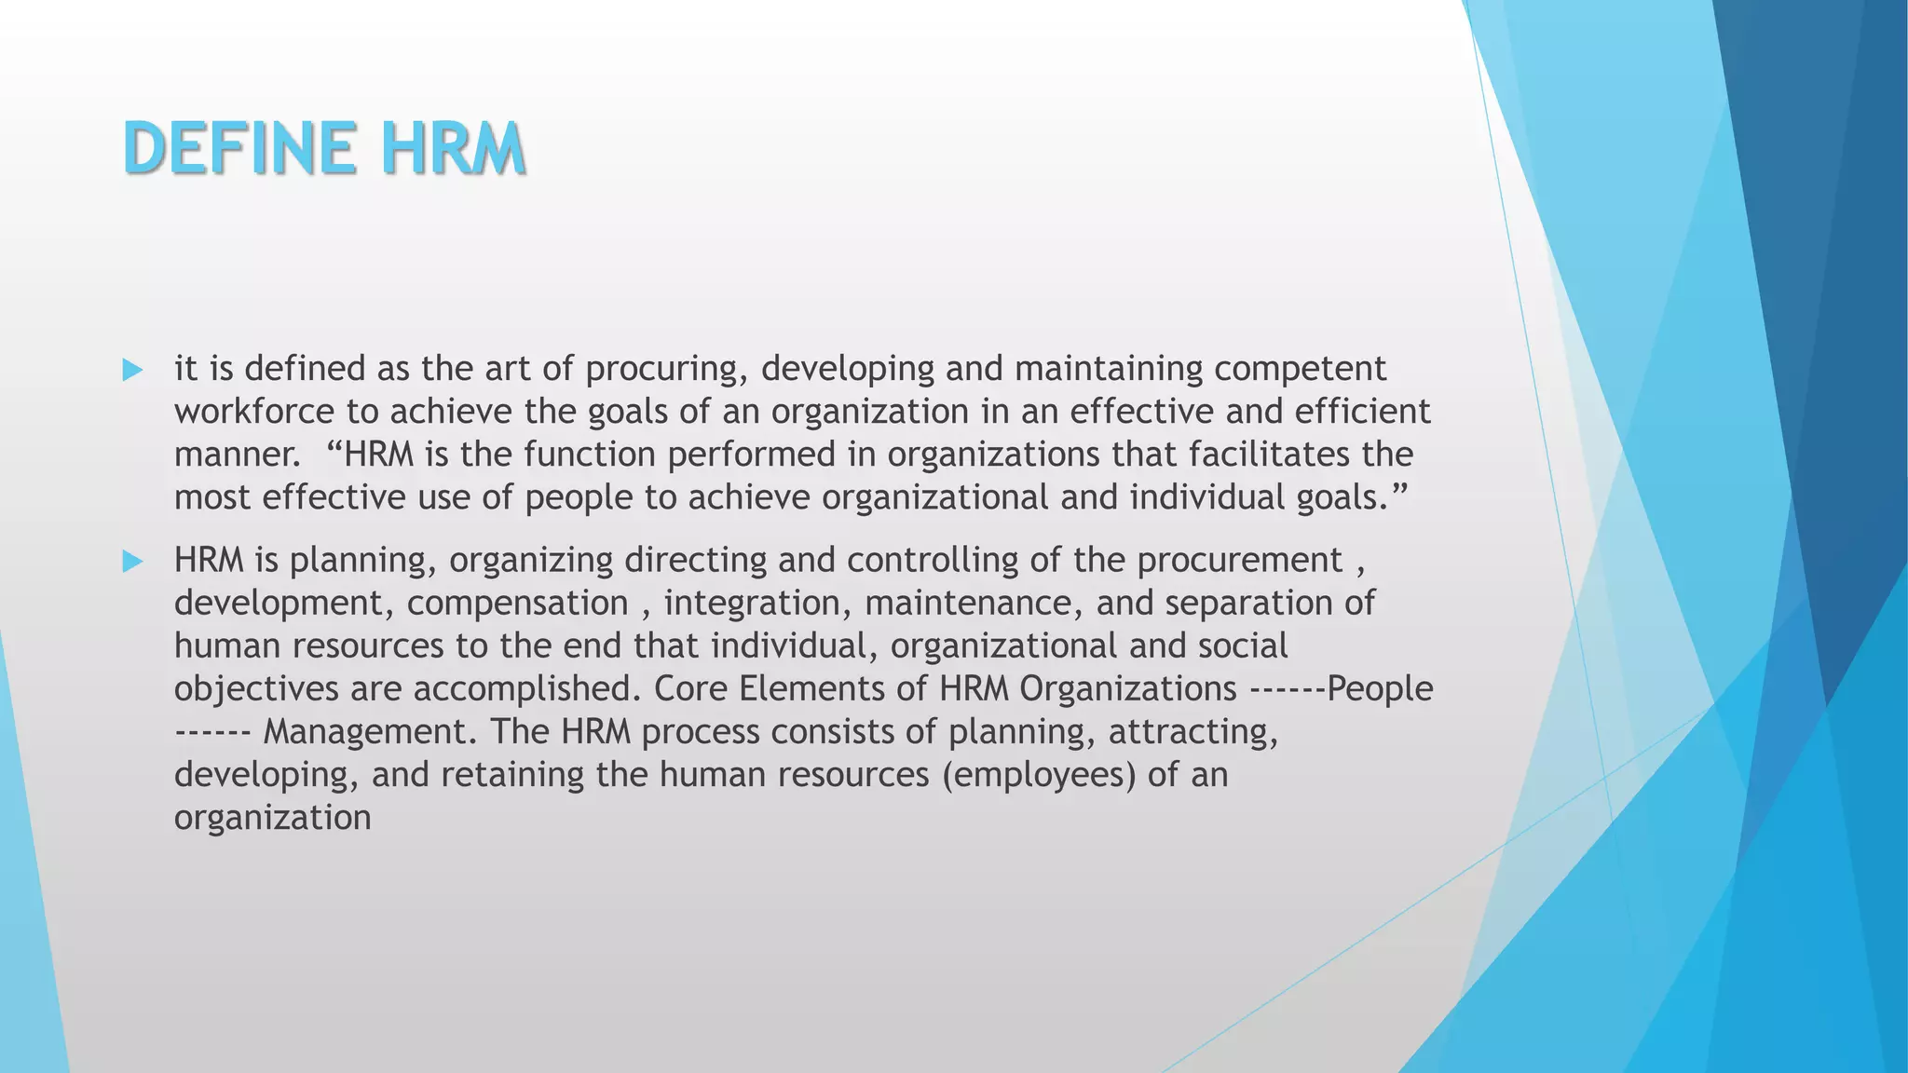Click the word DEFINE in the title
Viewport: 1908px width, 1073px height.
pyautogui.click(x=238, y=149)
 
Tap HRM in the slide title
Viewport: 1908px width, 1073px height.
pyautogui.click(x=452, y=149)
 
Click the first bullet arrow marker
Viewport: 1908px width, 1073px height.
pyautogui.click(x=132, y=371)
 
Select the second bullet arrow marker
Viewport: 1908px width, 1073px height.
pyautogui.click(x=132, y=562)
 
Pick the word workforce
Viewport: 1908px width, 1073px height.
pyautogui.click(x=254, y=412)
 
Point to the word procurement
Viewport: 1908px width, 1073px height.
pyautogui.click(x=1239, y=561)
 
